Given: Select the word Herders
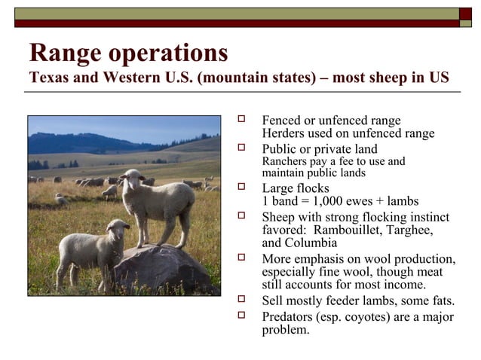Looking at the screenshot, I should click(x=283, y=133).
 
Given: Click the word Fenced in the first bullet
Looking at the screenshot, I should click(x=283, y=121).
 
